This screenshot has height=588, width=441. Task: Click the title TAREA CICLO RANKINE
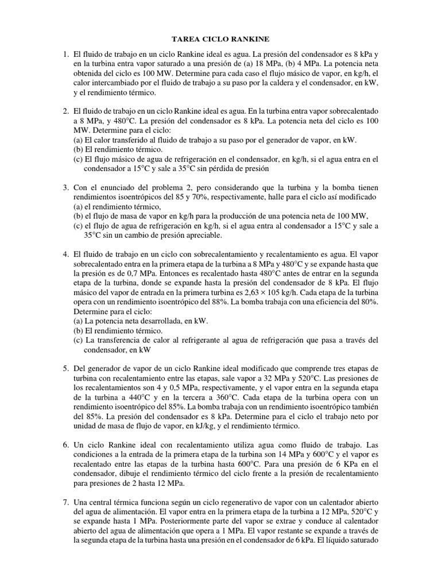[x=220, y=39]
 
